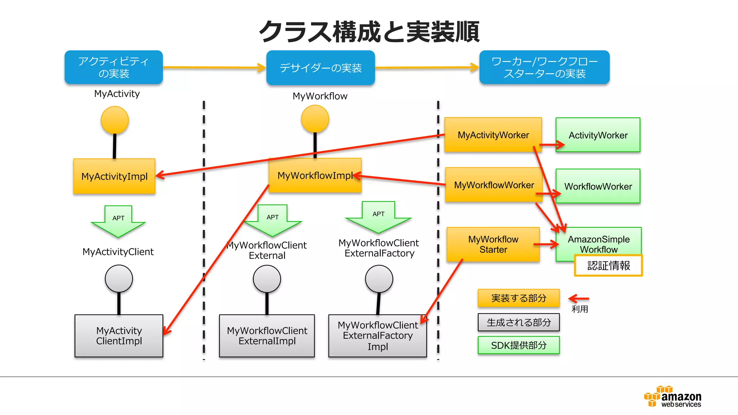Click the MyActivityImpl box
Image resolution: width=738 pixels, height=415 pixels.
[114, 176]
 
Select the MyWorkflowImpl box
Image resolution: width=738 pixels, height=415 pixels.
[315, 175]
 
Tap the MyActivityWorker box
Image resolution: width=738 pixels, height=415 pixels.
[493, 135]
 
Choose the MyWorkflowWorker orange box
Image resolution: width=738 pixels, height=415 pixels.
[494, 185]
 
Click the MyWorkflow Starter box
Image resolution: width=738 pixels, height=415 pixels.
[493, 244]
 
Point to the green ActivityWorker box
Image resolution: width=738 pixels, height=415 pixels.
[598, 135]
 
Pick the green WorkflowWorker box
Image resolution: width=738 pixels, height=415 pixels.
[598, 186]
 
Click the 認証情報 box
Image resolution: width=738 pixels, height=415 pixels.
[608, 265]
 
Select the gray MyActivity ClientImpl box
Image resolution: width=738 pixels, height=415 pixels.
[119, 336]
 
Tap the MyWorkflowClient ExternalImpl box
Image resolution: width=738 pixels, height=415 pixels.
[267, 336]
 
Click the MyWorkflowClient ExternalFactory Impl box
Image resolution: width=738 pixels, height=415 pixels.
[377, 336]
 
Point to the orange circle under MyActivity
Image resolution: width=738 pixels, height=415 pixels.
[115, 120]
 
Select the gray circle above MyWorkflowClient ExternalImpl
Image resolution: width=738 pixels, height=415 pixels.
[267, 279]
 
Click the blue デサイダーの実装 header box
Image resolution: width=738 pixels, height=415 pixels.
[320, 68]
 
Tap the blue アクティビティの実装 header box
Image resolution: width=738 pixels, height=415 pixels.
[114, 67]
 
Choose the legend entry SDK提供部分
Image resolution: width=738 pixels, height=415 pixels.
[519, 345]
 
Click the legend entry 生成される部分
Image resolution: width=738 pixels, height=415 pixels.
[519, 322]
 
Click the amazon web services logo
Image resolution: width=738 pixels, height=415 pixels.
[673, 397]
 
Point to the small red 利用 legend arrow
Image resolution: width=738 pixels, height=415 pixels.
[579, 299]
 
